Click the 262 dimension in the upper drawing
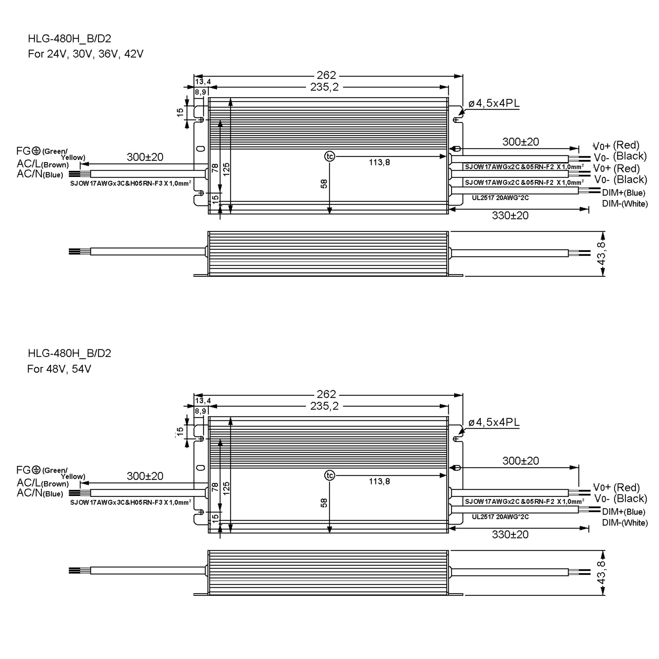(326, 75)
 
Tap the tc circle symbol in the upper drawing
(329, 157)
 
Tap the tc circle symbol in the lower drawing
(329, 476)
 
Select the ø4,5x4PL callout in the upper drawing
(494, 103)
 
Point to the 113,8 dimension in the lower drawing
(379, 481)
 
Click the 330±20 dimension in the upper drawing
(510, 215)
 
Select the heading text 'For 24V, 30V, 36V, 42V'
(86, 54)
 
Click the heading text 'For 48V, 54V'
(59, 369)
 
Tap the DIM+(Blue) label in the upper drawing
(624, 193)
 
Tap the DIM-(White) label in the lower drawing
(625, 523)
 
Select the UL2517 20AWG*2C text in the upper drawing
(500, 198)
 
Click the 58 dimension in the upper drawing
(324, 184)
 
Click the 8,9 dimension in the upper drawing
(200, 92)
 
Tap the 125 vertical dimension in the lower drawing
(226, 488)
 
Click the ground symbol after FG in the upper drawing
(36, 151)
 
